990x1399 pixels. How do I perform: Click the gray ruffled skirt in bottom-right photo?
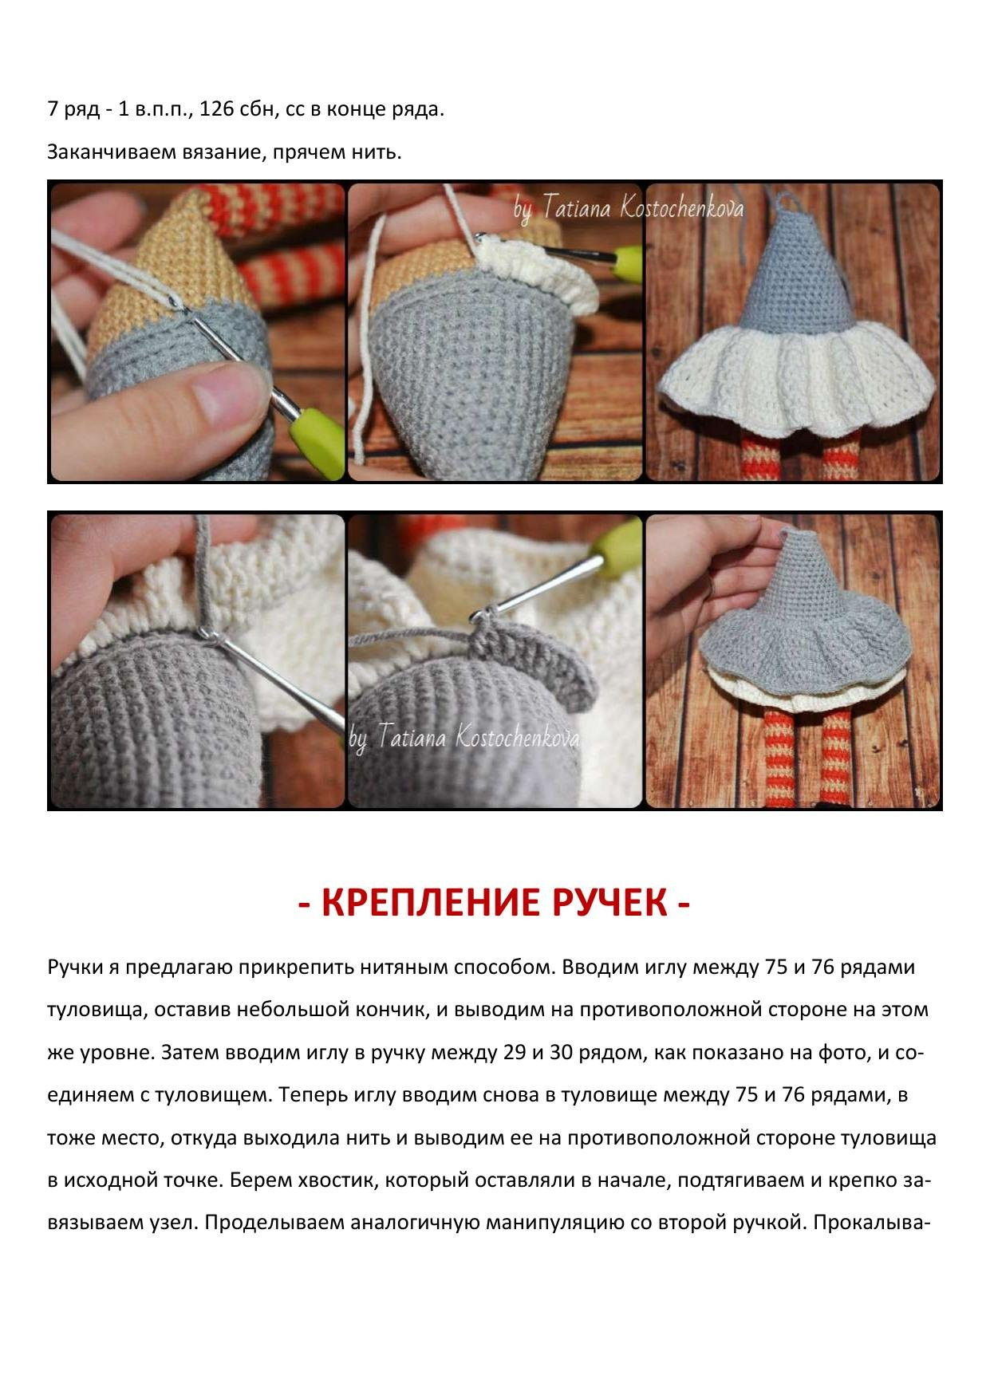pos(806,646)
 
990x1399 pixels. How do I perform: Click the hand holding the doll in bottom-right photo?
pos(686,598)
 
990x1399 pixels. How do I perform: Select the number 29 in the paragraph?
pos(515,1053)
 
